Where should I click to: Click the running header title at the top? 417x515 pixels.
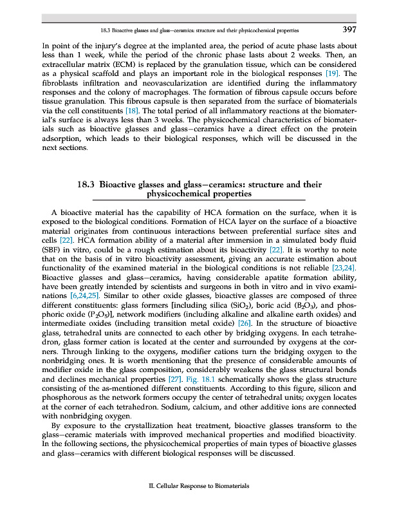click(x=199, y=30)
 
